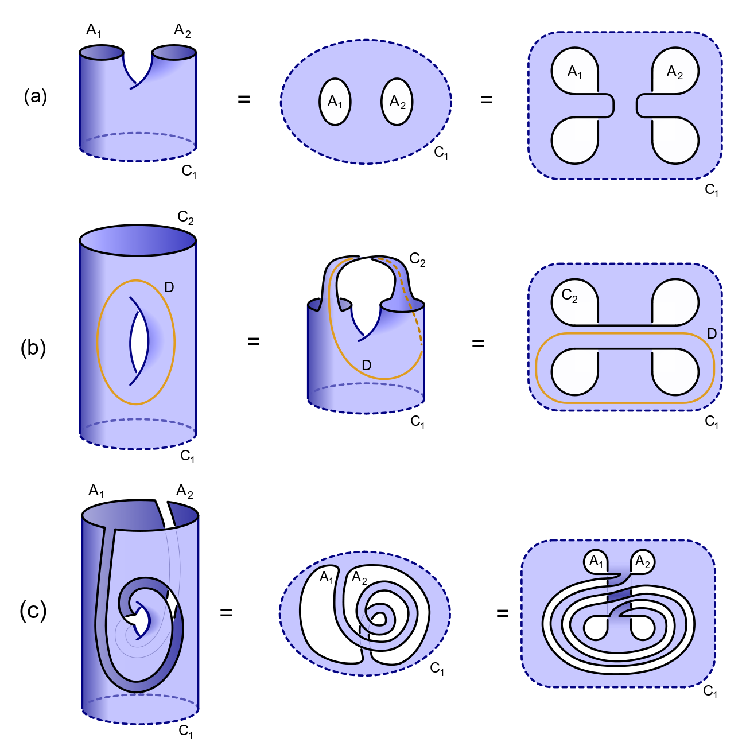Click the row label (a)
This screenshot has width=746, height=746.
35,97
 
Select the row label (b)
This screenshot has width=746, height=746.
33,348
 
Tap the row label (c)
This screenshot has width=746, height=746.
33,611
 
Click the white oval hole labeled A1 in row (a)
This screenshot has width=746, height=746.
335,102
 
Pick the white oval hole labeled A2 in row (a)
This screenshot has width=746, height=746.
397,102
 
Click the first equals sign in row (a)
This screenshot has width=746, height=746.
244,99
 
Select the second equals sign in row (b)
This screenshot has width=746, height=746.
478,343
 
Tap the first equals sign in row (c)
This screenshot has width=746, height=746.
226,612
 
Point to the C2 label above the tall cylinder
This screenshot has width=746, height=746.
185,217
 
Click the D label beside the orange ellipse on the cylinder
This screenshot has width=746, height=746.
169,287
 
